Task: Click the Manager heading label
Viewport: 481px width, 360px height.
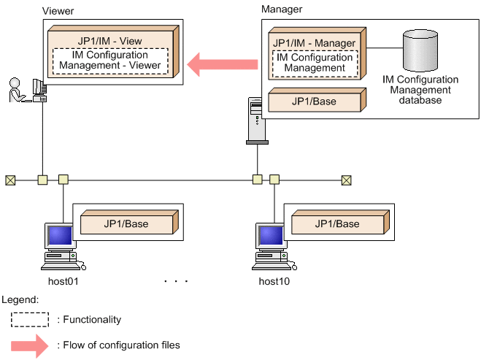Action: coord(282,9)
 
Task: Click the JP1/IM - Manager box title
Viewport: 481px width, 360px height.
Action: coord(315,43)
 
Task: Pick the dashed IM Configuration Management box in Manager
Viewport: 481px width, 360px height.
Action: coord(315,63)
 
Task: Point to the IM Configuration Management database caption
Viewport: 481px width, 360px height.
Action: coord(420,90)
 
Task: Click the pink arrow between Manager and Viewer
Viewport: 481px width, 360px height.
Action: coord(223,64)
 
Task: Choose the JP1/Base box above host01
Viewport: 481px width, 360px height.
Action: coord(125,223)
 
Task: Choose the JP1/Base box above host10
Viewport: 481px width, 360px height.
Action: coord(336,223)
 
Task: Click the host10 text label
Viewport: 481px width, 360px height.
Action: coord(274,281)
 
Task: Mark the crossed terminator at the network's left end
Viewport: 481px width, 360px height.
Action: coord(10,179)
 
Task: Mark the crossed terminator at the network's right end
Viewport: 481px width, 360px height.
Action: coord(346,179)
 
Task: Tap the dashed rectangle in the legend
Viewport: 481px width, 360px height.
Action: coord(29,320)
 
